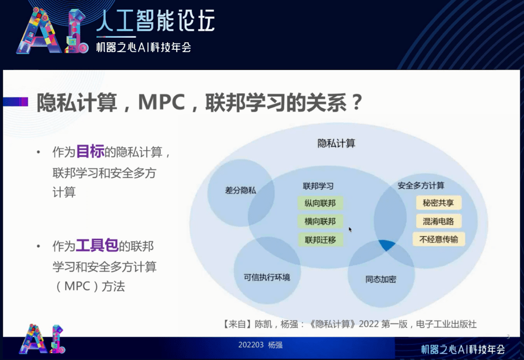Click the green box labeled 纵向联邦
click(320, 204)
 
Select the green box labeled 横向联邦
click(320, 222)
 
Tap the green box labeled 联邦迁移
click(320, 240)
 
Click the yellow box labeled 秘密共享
click(439, 203)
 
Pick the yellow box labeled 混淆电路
click(439, 221)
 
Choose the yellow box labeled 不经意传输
click(439, 239)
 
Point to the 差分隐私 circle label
click(240, 190)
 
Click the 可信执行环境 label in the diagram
click(267, 277)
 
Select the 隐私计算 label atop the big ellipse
click(337, 143)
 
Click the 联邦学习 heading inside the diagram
click(318, 185)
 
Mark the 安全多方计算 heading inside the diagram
click(421, 185)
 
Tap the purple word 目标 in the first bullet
click(90, 152)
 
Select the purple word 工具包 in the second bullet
click(97, 246)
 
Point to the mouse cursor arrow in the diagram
click(350, 229)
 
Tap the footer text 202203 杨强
click(260, 345)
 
